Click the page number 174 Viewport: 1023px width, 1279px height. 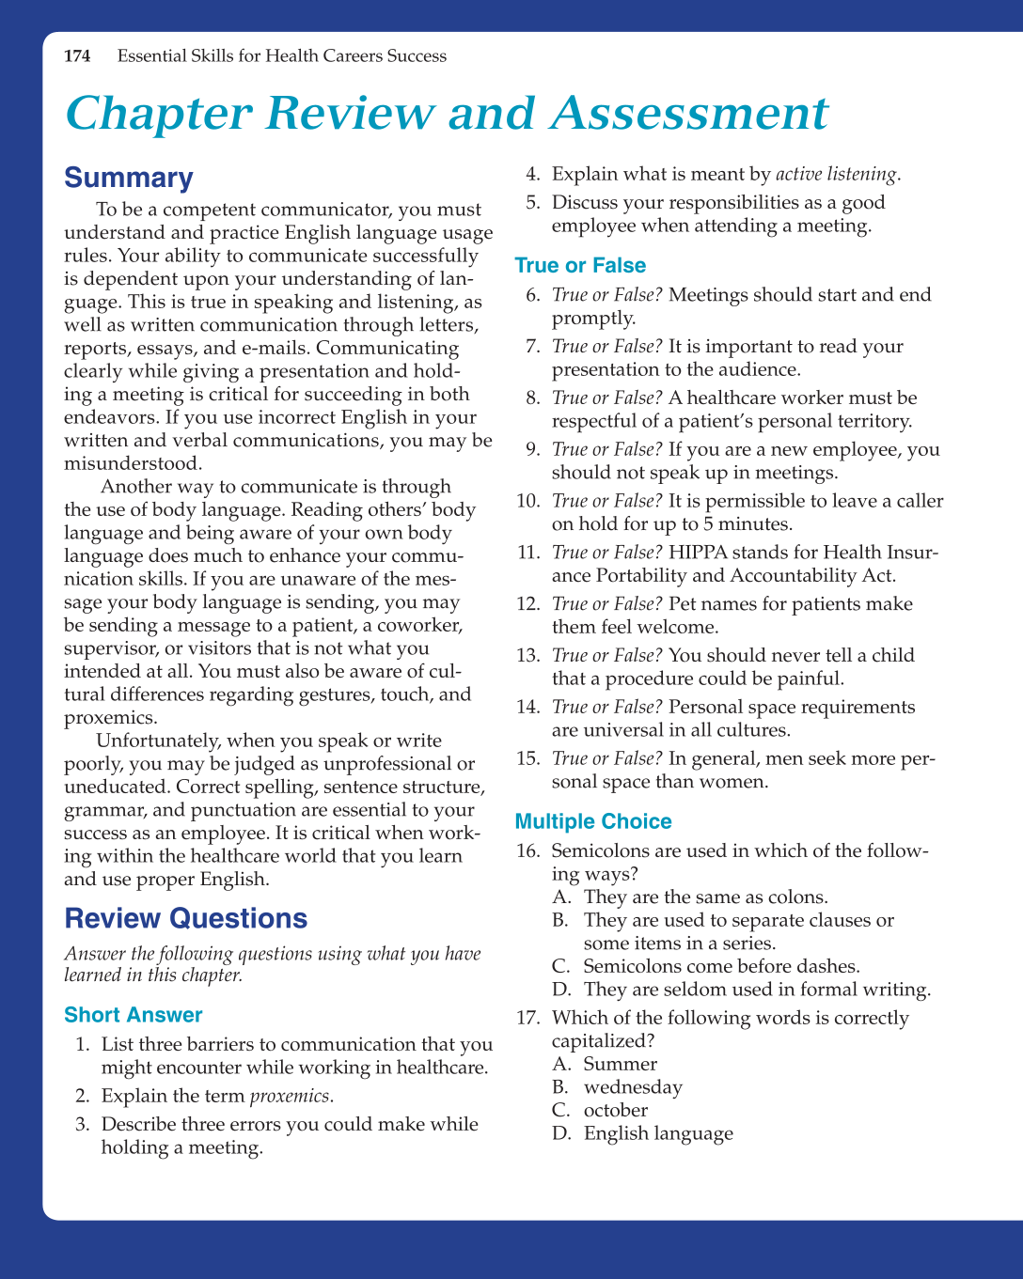point(77,56)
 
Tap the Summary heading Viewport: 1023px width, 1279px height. point(129,178)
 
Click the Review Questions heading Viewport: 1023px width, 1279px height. point(185,918)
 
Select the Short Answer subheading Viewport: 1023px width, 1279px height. point(134,1015)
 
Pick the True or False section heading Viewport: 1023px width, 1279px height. point(580,266)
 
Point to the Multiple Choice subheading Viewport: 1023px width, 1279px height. point(593,821)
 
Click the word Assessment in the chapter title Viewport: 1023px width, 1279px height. point(689,114)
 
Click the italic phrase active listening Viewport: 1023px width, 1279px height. point(836,174)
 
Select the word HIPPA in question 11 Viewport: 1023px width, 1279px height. point(697,553)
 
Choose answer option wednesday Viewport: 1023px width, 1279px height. point(633,1087)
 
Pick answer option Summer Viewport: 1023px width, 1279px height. point(620,1064)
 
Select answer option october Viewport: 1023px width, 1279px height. point(616,1110)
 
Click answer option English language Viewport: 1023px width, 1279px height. point(658,1133)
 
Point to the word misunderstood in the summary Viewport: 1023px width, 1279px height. point(133,463)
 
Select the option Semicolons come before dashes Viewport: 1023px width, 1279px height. point(721,966)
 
